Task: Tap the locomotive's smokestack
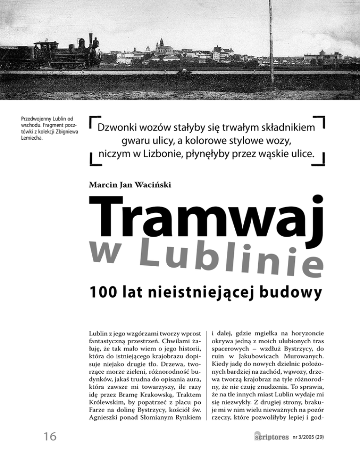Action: [x=91, y=39]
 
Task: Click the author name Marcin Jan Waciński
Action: [x=130, y=185]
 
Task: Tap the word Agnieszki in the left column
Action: [x=104, y=418]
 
